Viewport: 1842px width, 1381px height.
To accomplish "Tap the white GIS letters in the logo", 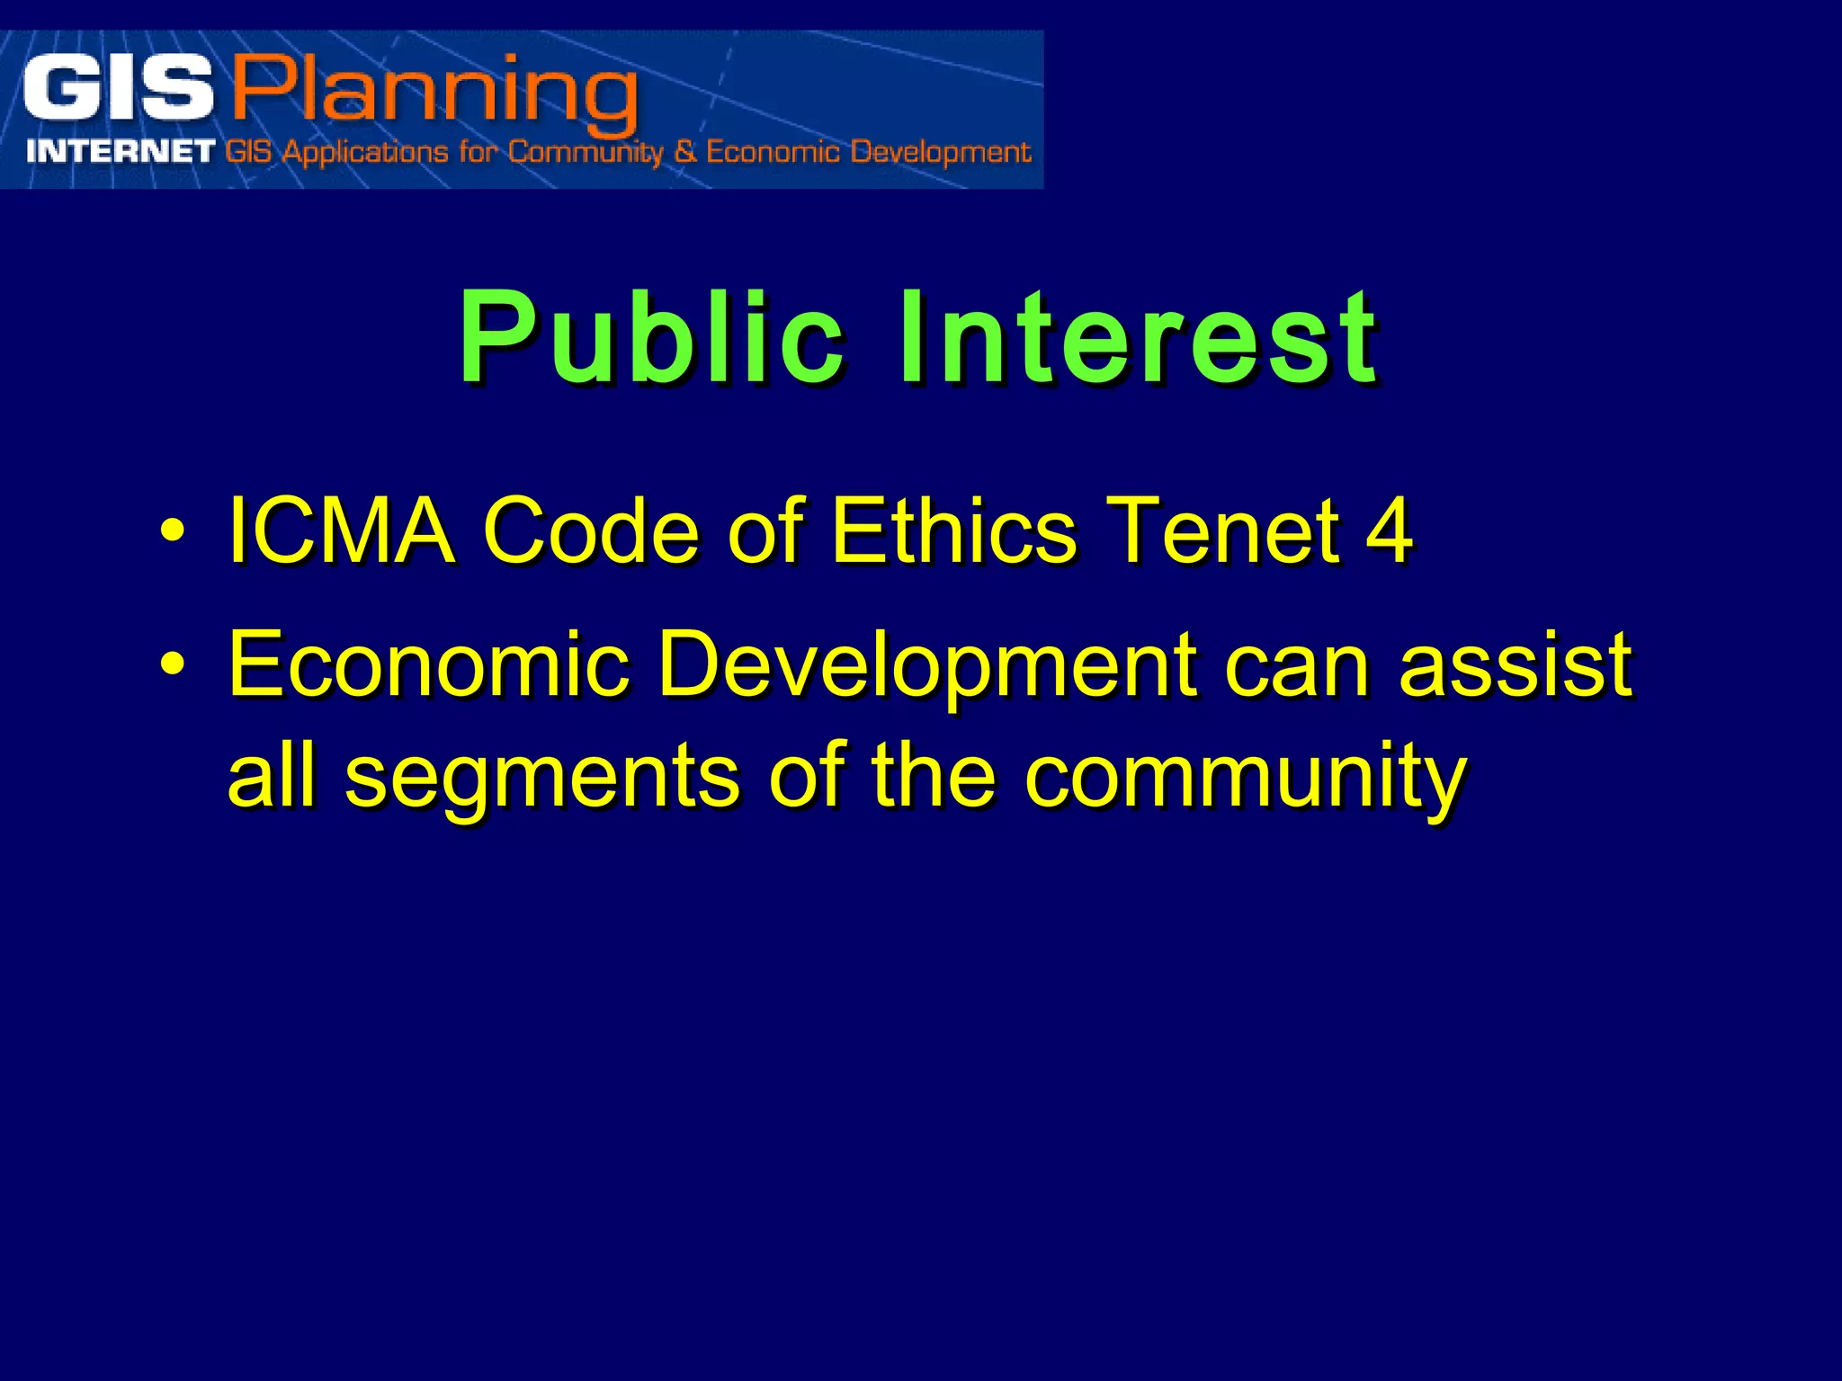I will tap(118, 89).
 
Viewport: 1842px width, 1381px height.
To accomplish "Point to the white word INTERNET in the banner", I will tap(121, 151).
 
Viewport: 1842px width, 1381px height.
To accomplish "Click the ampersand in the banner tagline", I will tap(685, 151).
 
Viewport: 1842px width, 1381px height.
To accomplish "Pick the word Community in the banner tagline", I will tap(585, 151).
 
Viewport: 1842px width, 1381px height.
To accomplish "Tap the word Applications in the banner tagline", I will tap(365, 152).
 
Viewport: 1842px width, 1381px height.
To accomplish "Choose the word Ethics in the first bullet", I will tap(954, 531).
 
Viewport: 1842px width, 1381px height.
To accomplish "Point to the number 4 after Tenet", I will tap(1389, 531).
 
